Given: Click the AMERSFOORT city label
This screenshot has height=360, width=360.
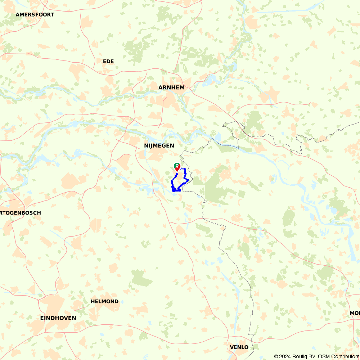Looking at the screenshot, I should click(35, 15).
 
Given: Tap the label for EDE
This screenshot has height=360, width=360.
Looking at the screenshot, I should click(108, 62).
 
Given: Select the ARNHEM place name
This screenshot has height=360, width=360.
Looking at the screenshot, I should click(171, 87).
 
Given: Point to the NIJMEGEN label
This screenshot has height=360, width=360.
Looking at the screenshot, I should click(159, 146).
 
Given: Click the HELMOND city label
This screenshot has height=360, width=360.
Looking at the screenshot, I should click(104, 301).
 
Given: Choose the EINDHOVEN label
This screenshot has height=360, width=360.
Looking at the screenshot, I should click(58, 318).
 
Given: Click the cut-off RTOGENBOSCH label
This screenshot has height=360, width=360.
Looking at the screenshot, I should click(21, 213).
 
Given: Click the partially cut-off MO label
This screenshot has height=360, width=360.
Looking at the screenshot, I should click(355, 313).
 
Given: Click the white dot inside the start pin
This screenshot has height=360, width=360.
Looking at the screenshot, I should click(177, 166).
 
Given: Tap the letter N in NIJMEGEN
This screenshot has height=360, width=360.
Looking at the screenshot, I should click(146, 146).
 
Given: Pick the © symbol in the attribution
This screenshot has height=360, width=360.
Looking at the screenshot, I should click(276, 356).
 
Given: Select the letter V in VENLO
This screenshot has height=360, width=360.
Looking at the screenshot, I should click(231, 347).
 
